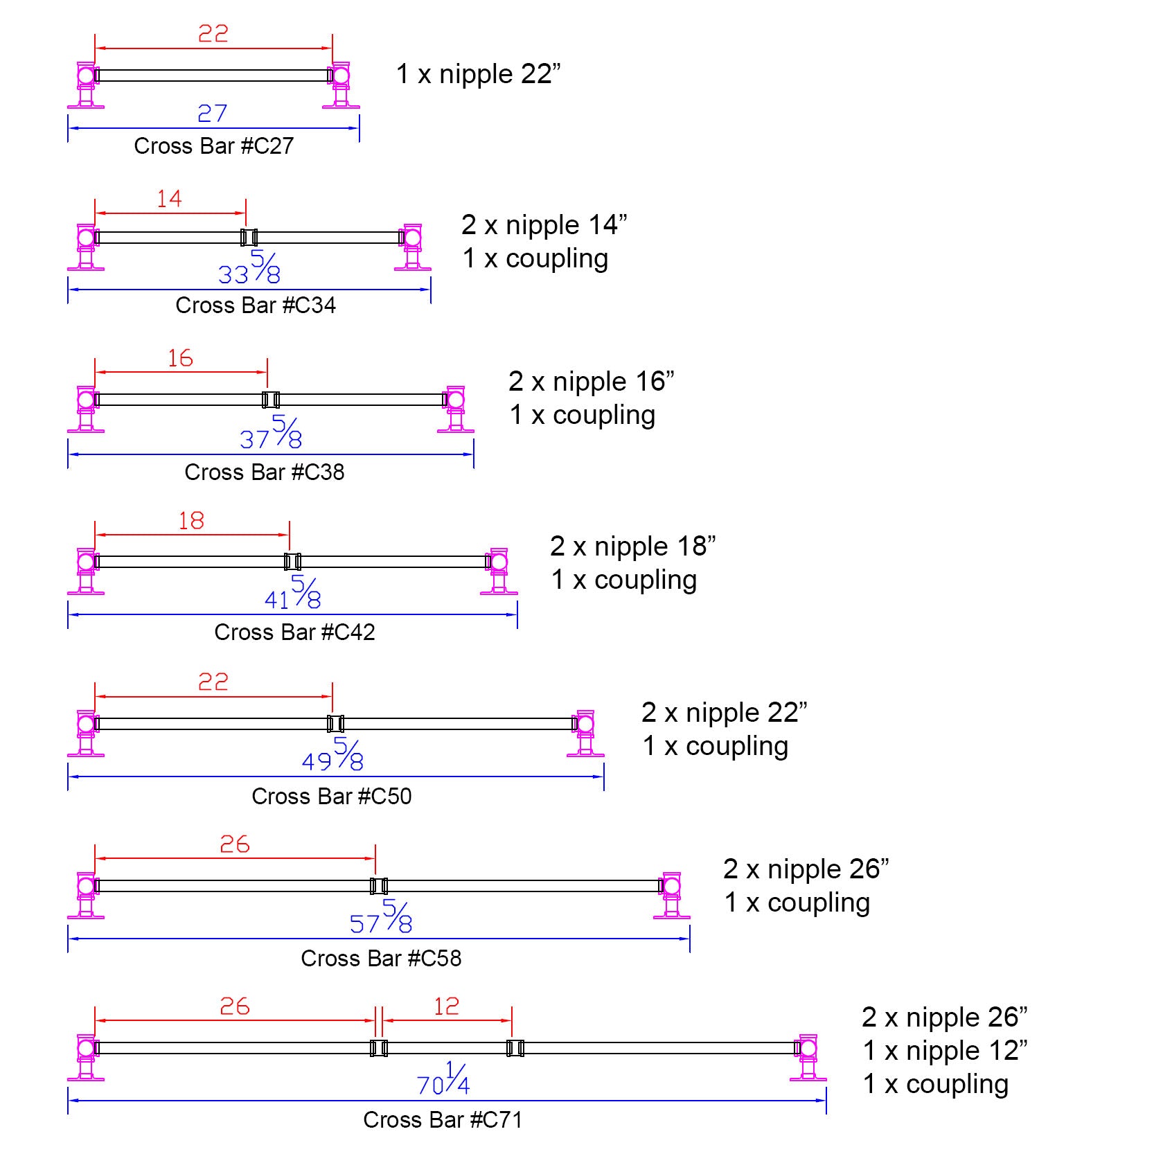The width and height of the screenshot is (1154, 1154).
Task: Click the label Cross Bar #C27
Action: pos(213,146)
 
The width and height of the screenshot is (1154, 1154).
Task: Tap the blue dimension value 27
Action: pos(212,114)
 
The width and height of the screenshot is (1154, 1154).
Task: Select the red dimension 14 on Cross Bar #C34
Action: pos(169,199)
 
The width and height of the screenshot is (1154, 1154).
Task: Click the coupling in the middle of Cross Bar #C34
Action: pos(249,238)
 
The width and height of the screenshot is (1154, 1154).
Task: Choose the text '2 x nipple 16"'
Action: pos(591,382)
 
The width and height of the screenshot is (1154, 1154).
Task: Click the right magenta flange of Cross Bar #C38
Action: pos(456,410)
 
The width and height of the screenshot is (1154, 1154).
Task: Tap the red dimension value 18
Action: pos(191,521)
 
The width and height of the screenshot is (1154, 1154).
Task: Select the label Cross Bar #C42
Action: pos(294,632)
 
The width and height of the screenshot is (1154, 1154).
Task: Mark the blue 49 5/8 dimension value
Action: pos(333,756)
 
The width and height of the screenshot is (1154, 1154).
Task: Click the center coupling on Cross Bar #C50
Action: pos(336,724)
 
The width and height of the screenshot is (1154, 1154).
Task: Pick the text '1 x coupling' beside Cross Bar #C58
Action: pos(797,903)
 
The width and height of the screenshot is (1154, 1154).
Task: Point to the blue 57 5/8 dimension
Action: pos(381,918)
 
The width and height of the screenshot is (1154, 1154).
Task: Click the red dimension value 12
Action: pos(447,1006)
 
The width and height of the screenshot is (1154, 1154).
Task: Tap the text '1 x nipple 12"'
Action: pos(945,1051)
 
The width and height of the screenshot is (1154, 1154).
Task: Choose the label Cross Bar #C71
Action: pos(443,1120)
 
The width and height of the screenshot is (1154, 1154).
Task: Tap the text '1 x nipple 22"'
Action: pos(478,74)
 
